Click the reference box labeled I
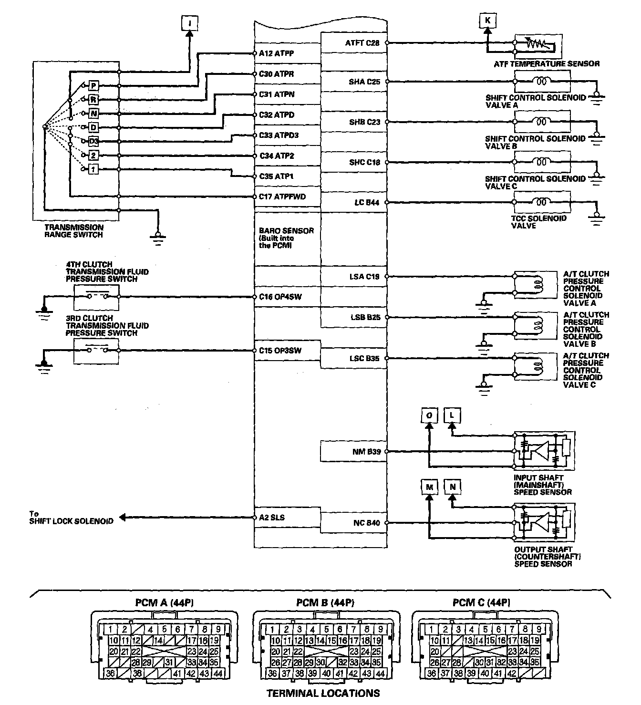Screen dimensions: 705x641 tap(189, 22)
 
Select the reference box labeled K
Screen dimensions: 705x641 tap(487, 20)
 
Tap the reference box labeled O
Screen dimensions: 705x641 tap(429, 415)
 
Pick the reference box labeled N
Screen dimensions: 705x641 tap(453, 487)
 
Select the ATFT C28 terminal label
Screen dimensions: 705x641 tap(362, 43)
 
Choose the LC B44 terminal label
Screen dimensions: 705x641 tap(367, 203)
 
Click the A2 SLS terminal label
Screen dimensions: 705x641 tap(272, 517)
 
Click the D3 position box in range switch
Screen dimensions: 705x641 tap(93, 141)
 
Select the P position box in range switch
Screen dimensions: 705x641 tap(93, 85)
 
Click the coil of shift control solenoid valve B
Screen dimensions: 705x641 tap(542, 122)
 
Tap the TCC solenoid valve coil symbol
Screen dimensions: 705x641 tap(542, 202)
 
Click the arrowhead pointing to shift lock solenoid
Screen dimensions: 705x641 tap(123, 518)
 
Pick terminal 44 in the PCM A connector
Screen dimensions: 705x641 tap(217, 674)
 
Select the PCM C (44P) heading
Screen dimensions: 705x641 tap(481, 603)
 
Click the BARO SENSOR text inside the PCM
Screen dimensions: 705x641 tap(286, 231)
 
